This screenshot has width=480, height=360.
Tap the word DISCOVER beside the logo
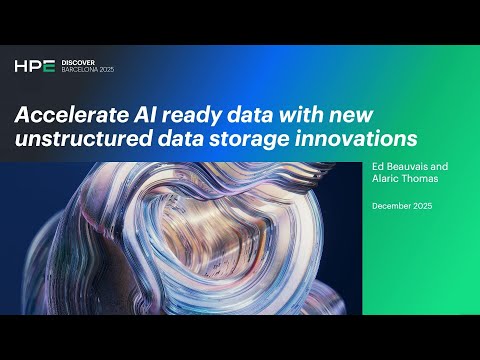(x=77, y=62)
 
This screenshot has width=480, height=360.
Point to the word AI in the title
(x=139, y=113)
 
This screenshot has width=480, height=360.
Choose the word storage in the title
(x=260, y=138)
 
